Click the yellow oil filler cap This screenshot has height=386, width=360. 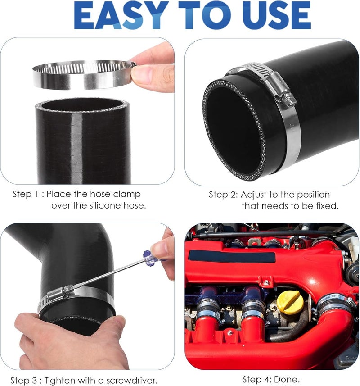click(289, 301)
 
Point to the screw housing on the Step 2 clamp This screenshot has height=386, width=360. click(279, 88)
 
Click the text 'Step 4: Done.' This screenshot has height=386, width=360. click(271, 379)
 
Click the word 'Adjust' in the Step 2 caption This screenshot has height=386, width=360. click(254, 195)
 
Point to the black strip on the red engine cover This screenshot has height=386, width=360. click(232, 257)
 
